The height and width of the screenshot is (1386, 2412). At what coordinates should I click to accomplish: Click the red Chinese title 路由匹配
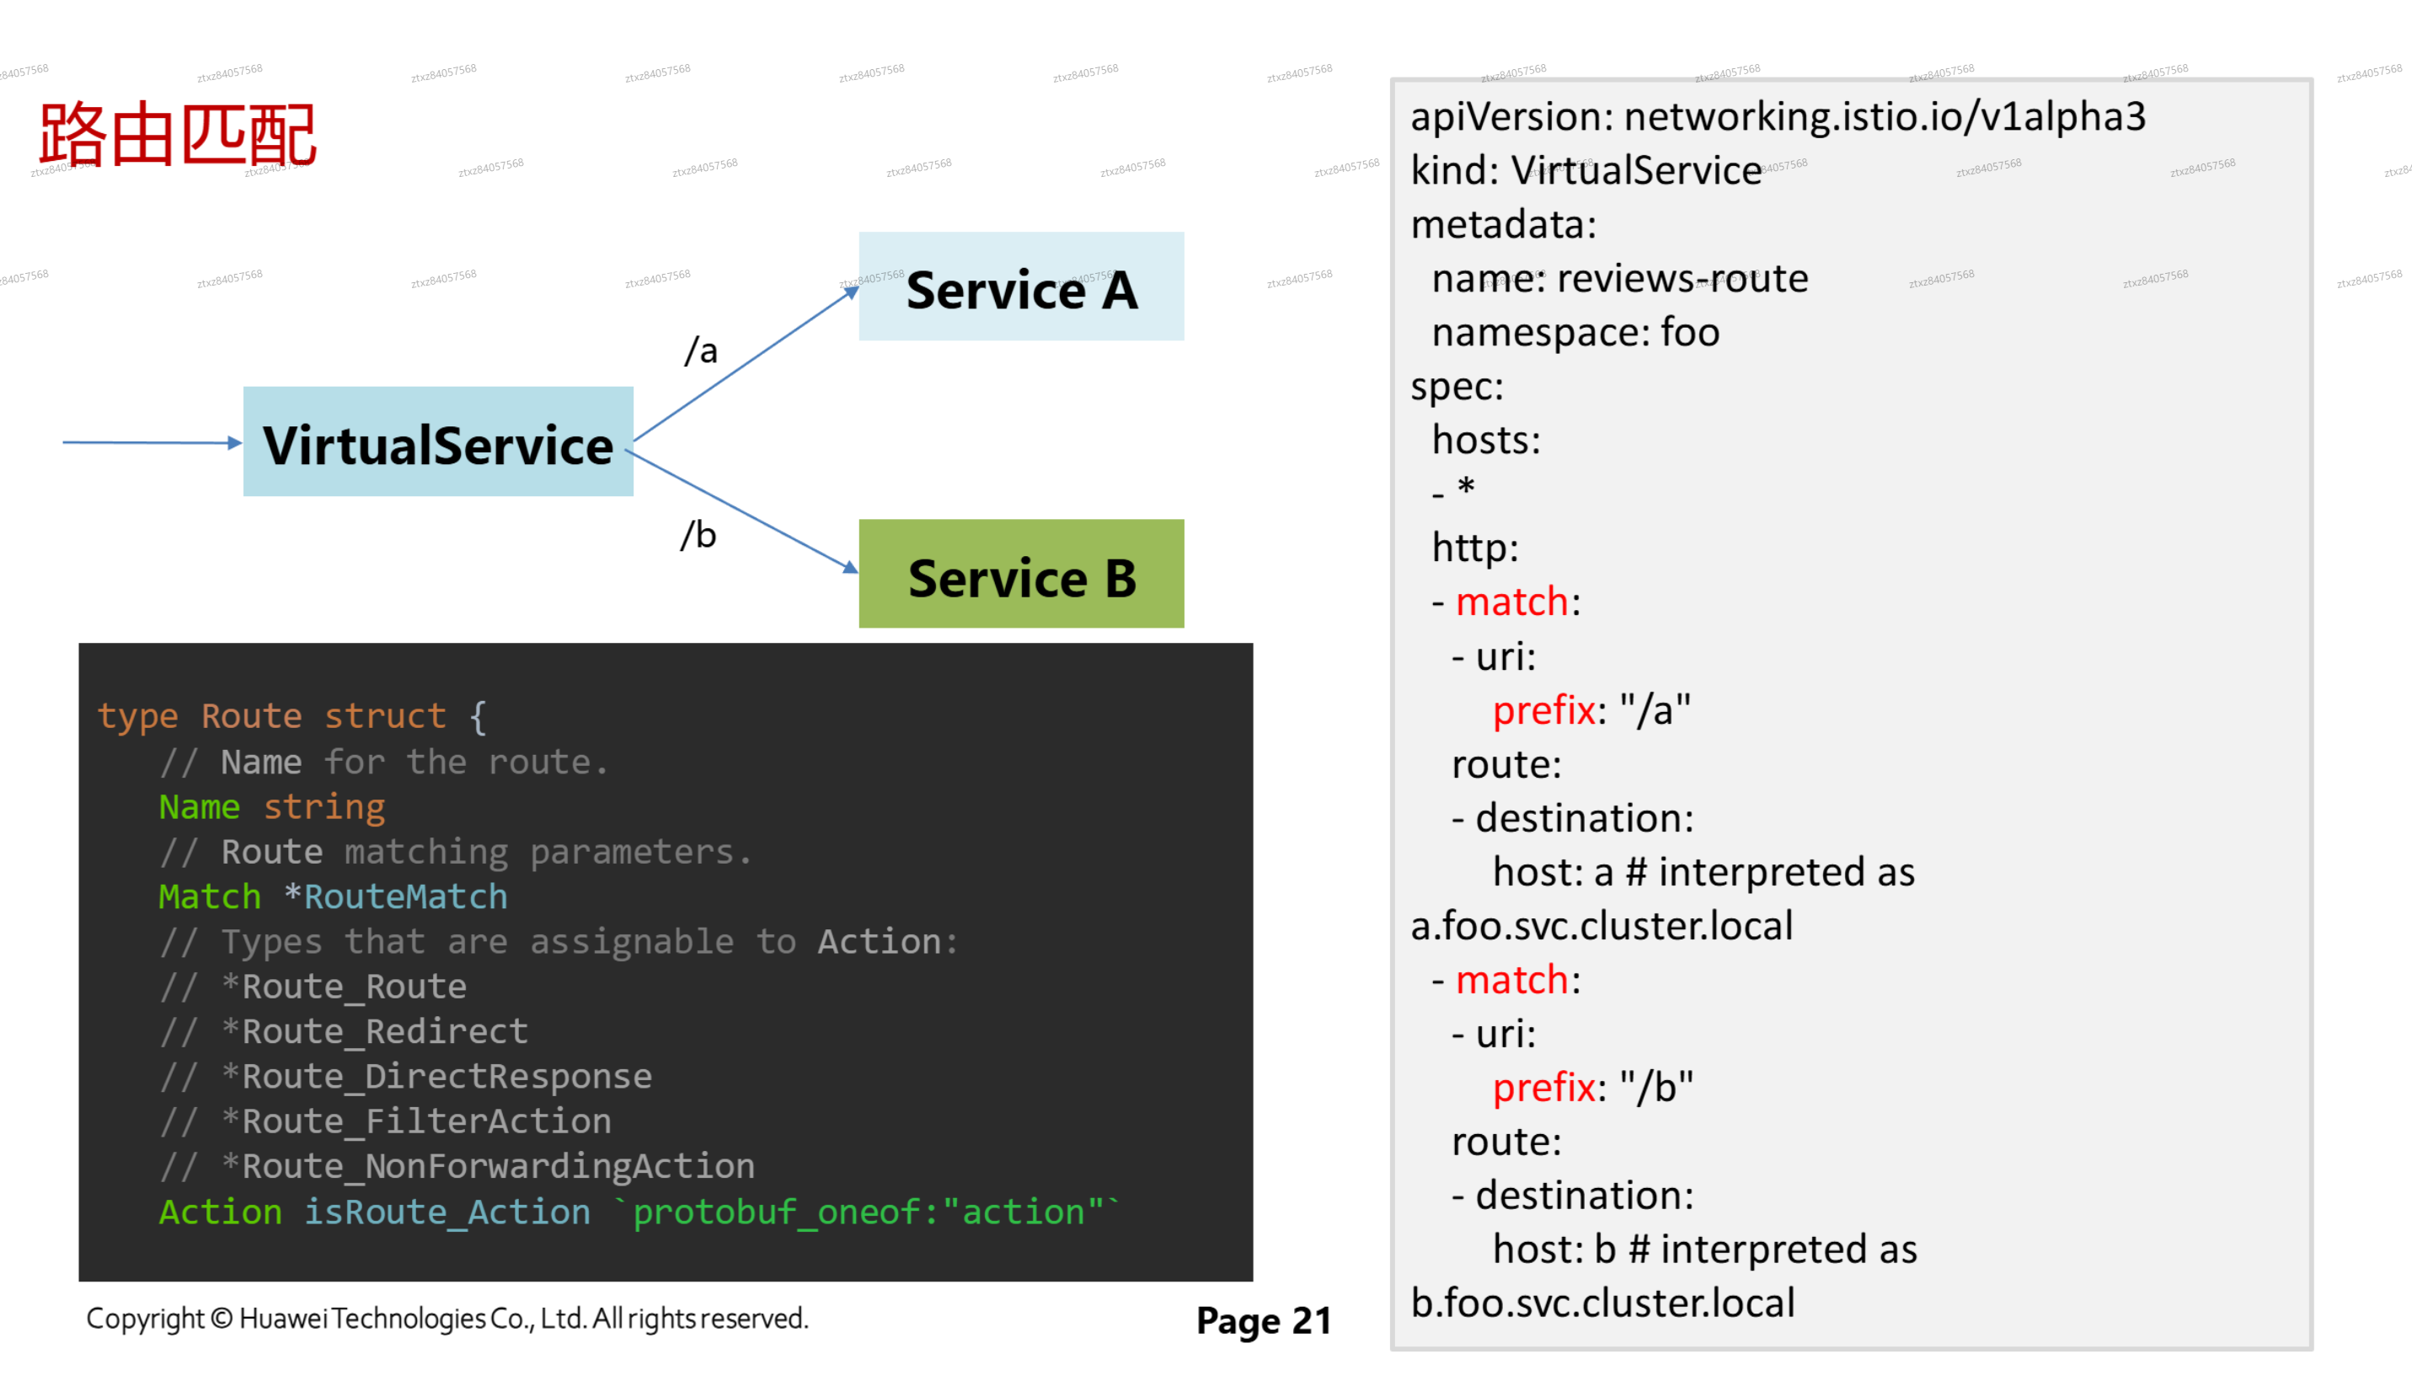(177, 135)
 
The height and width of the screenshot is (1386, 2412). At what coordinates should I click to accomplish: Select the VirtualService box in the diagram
(438, 441)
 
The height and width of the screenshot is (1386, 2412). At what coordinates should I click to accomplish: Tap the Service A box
(1020, 286)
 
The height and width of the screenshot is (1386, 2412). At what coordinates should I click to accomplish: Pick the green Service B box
(1020, 574)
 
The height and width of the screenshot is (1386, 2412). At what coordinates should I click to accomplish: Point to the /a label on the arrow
(702, 351)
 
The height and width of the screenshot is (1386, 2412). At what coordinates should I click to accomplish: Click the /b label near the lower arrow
(698, 535)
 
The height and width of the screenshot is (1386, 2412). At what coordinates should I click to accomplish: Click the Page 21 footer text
(1263, 1320)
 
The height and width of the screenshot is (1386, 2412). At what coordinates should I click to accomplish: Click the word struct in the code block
(384, 716)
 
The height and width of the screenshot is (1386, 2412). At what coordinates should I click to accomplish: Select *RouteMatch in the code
(396, 896)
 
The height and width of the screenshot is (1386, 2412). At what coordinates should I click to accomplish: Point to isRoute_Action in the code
(447, 1212)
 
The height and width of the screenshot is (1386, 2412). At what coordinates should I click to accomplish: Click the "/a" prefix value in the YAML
(1655, 711)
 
